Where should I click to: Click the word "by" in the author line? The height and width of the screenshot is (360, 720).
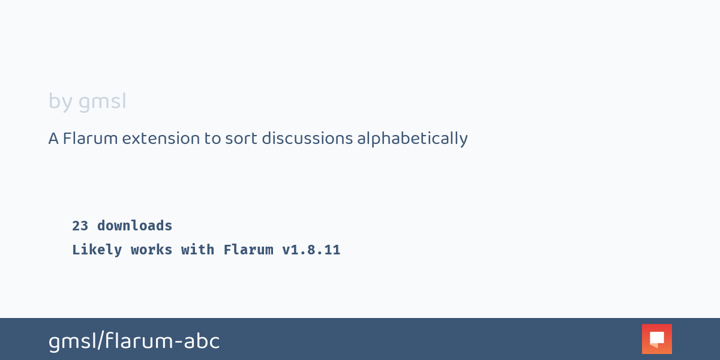(61, 102)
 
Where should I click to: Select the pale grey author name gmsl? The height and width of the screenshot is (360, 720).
(102, 102)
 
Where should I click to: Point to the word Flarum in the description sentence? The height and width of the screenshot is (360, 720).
(91, 139)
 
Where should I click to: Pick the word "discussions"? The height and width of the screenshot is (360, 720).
(307, 139)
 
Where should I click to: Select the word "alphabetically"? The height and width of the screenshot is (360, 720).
(412, 139)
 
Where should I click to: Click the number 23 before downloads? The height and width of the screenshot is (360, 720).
(80, 226)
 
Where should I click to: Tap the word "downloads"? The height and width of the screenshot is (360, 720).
(134, 226)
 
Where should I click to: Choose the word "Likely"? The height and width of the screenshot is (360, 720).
(97, 250)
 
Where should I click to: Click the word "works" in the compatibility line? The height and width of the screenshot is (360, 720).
(151, 250)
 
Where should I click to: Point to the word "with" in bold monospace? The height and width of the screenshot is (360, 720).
(197, 250)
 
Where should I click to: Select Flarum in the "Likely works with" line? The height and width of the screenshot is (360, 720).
(248, 250)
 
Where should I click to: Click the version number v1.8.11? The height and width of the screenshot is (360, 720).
(311, 250)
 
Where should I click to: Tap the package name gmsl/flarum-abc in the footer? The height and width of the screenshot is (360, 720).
(134, 341)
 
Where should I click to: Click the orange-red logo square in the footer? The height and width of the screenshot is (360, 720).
(657, 339)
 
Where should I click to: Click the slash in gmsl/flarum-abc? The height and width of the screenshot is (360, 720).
(101, 341)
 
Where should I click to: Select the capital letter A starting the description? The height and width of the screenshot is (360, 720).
(53, 139)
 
